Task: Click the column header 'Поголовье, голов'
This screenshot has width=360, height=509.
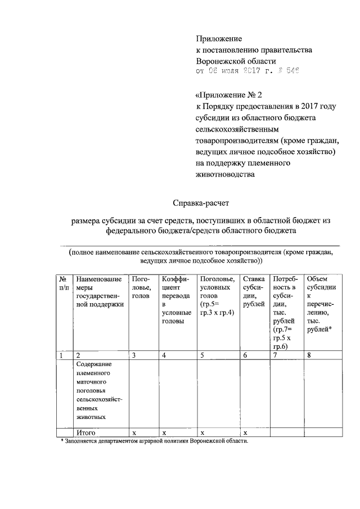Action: point(141,287)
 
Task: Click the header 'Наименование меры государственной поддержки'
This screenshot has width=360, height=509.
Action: point(98,291)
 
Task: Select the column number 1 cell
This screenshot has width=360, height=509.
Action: point(61,355)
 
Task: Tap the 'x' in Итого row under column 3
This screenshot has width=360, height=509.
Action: point(134,433)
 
